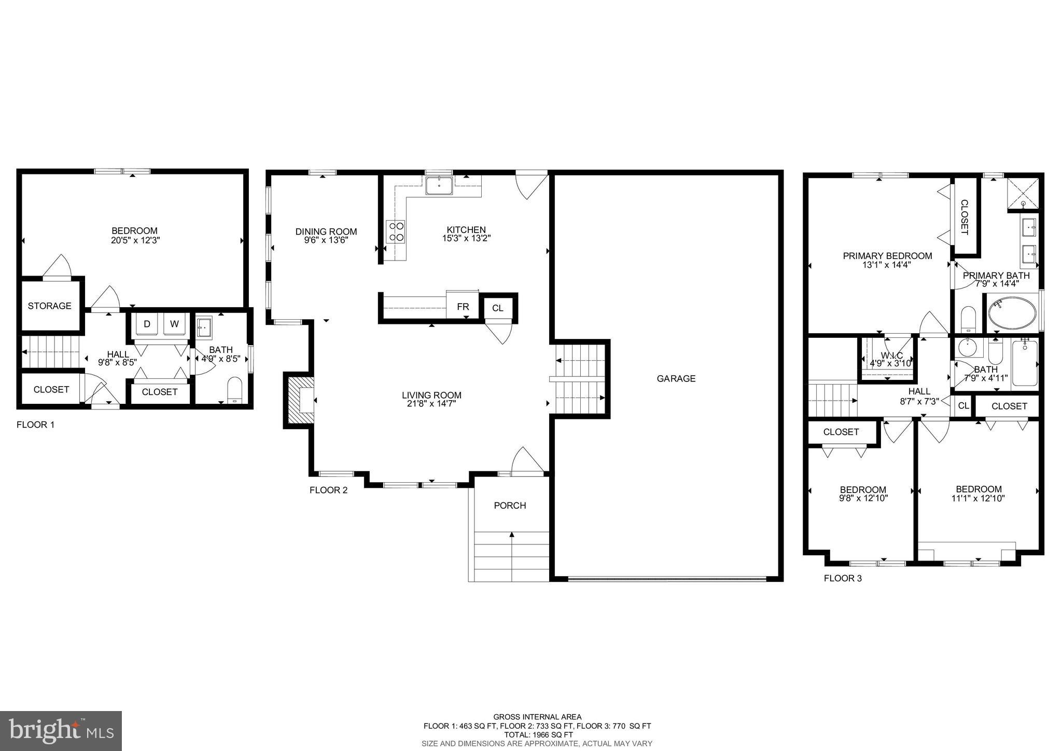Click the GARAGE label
[x=676, y=378]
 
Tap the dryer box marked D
[x=147, y=324]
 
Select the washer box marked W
[x=174, y=324]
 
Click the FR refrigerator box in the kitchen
[x=463, y=307]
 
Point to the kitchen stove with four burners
[x=396, y=231]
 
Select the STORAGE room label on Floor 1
[x=50, y=306]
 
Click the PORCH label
[x=510, y=506]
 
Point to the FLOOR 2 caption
[x=328, y=490]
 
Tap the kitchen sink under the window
[x=439, y=185]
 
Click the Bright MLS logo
[x=61, y=731]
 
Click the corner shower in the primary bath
[x=1024, y=194]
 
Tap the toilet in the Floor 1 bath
[x=235, y=389]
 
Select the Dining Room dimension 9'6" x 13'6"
[x=326, y=240]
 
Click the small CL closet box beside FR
[x=497, y=308]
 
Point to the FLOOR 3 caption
[x=843, y=578]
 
